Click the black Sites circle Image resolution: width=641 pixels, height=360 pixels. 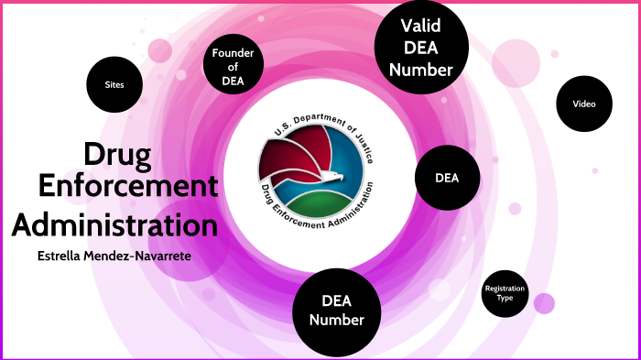point(114,85)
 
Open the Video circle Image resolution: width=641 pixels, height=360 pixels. point(584,104)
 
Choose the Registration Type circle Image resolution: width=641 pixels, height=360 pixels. point(505,293)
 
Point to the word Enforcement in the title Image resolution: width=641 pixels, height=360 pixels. point(127,189)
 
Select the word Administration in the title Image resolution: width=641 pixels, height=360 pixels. point(114,224)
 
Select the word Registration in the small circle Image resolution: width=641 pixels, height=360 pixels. point(505,289)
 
